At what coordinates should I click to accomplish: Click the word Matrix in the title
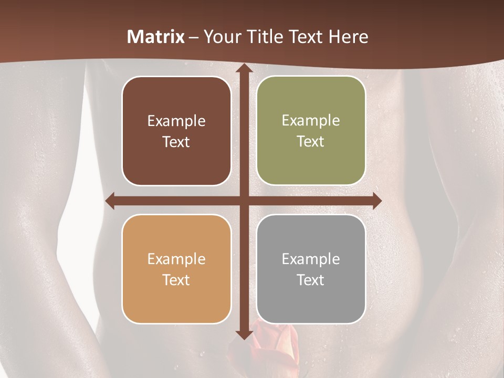(156, 37)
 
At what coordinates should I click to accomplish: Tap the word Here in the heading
(348, 37)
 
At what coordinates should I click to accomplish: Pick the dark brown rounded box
(176, 131)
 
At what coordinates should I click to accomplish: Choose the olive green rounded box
(311, 131)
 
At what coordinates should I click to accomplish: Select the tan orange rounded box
(176, 269)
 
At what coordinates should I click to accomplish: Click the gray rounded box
(311, 269)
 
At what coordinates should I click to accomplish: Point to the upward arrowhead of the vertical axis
(244, 68)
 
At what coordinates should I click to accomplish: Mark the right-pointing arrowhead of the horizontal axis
(376, 201)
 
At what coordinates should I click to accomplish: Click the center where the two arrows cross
(244, 201)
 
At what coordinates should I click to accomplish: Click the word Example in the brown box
(176, 121)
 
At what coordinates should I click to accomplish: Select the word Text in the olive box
(311, 142)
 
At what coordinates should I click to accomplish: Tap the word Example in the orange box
(176, 259)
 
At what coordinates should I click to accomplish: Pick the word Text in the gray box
(311, 280)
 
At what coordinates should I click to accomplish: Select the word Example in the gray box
(311, 259)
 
